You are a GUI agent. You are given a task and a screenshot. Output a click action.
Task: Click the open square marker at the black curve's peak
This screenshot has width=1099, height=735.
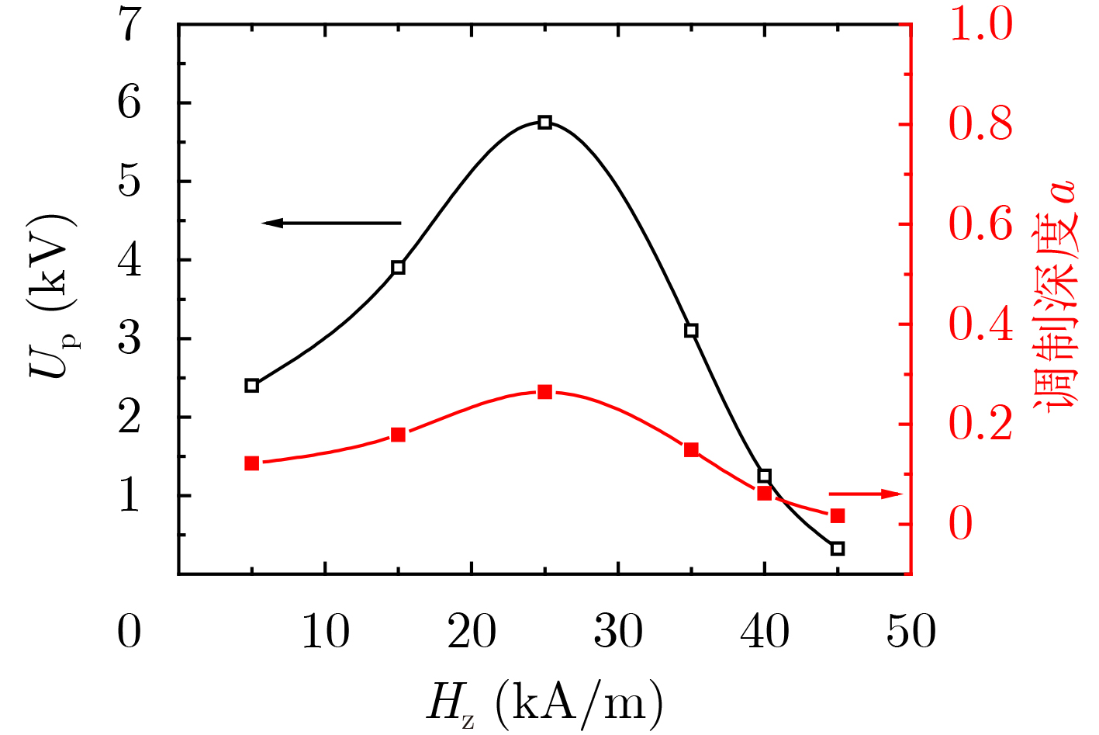[x=544, y=122]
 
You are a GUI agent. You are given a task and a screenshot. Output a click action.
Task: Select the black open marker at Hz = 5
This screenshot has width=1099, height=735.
[x=251, y=385]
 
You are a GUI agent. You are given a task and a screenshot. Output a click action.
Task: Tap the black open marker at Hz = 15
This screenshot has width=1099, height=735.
[x=398, y=267]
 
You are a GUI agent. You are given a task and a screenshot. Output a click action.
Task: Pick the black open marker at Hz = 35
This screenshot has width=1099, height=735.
[x=691, y=330]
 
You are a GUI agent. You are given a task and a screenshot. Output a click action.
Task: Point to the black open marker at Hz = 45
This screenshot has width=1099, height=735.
[x=837, y=548]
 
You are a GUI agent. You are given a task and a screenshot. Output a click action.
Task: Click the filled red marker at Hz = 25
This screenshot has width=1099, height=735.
[x=544, y=392]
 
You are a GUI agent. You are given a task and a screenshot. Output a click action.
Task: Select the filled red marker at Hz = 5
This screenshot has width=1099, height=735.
[x=251, y=463]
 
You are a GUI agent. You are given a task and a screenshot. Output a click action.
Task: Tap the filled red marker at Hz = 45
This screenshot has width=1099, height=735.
[x=837, y=516]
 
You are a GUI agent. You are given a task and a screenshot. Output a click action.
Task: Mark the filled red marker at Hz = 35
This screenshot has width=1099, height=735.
[x=691, y=449]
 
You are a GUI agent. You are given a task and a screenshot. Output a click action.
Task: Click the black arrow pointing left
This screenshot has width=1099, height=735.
[x=331, y=224]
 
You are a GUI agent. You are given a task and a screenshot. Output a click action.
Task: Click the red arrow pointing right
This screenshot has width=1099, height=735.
[x=866, y=494]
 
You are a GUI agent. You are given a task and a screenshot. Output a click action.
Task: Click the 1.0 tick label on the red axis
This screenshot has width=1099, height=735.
[x=980, y=25]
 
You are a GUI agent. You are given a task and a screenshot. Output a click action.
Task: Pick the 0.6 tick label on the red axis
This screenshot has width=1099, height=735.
[x=980, y=224]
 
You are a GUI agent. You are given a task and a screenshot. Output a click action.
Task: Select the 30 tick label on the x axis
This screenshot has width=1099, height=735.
[x=618, y=632]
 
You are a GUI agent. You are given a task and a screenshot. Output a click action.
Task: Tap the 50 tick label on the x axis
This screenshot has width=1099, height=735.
[x=911, y=632]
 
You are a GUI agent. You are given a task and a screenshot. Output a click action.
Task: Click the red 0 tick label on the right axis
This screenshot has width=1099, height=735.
[x=961, y=524]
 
